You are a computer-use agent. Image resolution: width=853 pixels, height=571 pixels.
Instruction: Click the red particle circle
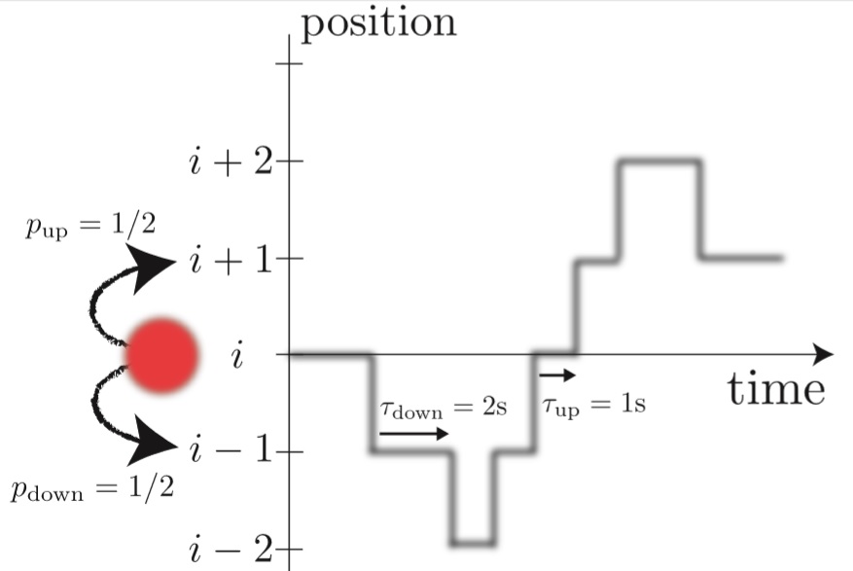[x=163, y=355]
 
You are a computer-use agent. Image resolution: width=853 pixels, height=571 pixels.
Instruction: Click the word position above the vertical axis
[x=378, y=22]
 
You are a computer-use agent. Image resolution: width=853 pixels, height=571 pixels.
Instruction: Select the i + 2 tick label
[x=231, y=161]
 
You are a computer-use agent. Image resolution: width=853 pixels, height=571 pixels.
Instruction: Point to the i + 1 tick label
[x=231, y=260]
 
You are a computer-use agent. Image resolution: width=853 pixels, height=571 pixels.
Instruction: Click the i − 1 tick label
[x=231, y=451]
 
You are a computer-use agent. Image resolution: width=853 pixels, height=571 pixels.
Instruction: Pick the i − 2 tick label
[x=231, y=551]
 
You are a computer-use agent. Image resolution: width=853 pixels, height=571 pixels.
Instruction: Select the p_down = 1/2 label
[x=92, y=486]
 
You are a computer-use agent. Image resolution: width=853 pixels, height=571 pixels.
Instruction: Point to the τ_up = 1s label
[x=594, y=404]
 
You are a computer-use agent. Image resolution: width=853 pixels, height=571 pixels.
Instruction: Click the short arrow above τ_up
[x=557, y=375]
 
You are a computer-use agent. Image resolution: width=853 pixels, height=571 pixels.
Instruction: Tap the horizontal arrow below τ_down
[x=414, y=434]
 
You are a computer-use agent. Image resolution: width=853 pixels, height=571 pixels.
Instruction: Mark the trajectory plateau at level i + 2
[x=658, y=162]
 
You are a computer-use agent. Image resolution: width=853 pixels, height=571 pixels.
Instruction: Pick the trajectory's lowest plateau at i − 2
[x=474, y=541]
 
